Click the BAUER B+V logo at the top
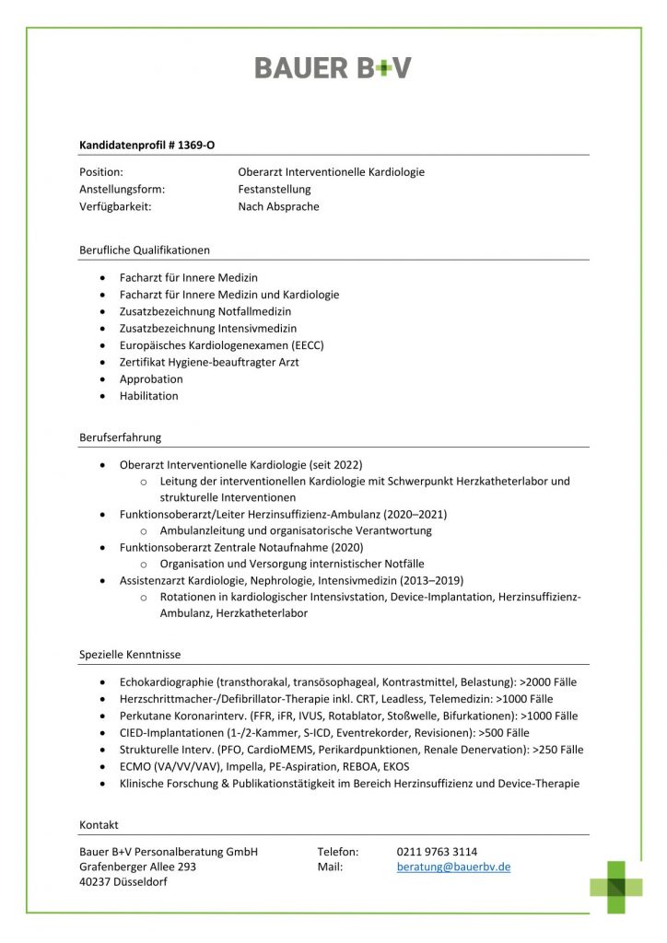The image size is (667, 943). tap(333, 67)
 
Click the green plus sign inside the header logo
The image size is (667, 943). tap(370, 68)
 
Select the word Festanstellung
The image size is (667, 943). tap(275, 190)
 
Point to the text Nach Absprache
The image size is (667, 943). tap(278, 206)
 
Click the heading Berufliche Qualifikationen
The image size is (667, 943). tap(145, 250)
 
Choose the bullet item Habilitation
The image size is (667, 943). tap(149, 396)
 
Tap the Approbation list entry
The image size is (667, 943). tap(151, 379)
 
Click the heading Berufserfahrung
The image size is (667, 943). tap(120, 437)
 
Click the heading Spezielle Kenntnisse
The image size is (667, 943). tap(130, 655)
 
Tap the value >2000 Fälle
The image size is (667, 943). tap(548, 682)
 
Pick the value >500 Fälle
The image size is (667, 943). tap(504, 733)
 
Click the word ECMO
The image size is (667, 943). tap(135, 766)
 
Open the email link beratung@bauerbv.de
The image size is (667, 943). tap(453, 867)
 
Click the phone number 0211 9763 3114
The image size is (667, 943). tap(437, 852)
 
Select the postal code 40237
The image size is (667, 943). tap(96, 882)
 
